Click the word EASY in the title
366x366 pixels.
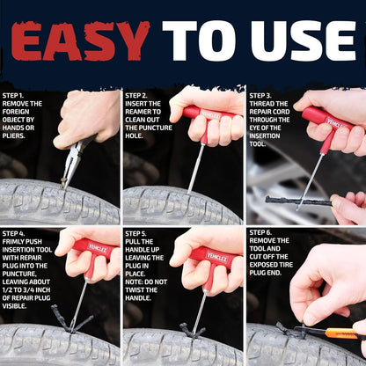tap(81, 41)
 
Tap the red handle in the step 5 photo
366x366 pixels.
tap(210, 255)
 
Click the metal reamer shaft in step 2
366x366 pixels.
tap(197, 167)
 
